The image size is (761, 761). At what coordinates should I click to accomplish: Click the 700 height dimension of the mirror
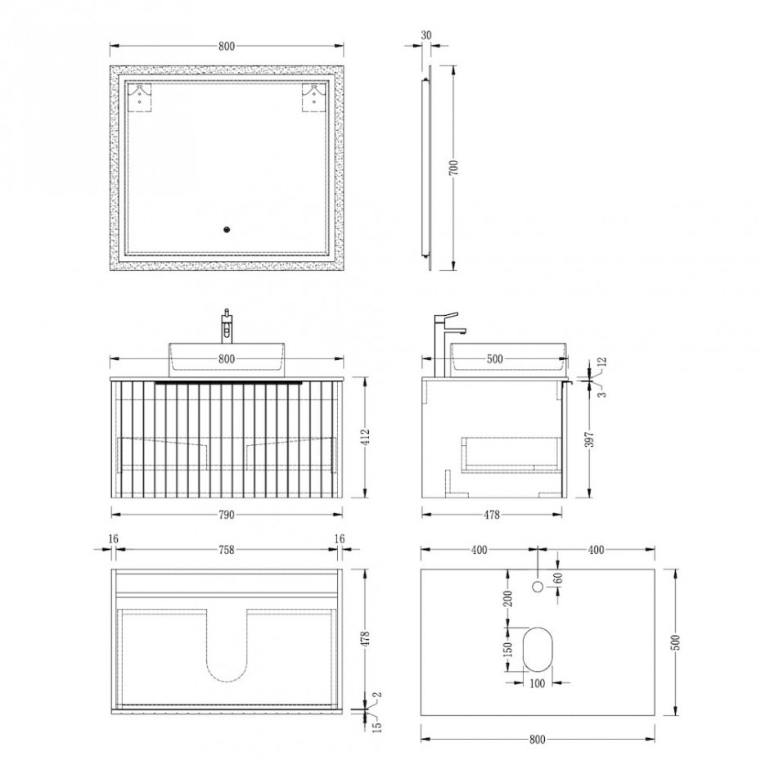coord(464,167)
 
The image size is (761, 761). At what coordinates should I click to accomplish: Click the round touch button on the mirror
coord(227,231)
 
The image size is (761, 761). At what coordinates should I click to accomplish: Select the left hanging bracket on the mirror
coord(144,98)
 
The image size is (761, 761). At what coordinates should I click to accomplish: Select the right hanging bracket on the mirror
coord(313,98)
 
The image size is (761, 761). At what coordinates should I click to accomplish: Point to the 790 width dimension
coord(227,515)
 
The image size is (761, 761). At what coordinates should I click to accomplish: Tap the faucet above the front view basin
coord(227,325)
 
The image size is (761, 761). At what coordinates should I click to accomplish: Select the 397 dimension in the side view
coord(601,444)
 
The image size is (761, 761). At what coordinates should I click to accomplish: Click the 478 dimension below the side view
coord(489,515)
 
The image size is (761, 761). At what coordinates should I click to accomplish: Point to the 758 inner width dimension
coord(227,550)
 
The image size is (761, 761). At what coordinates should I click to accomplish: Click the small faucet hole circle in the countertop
coord(538,586)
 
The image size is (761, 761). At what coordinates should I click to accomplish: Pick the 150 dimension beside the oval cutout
coord(507,650)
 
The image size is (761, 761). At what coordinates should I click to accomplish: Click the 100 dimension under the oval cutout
coord(538,683)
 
